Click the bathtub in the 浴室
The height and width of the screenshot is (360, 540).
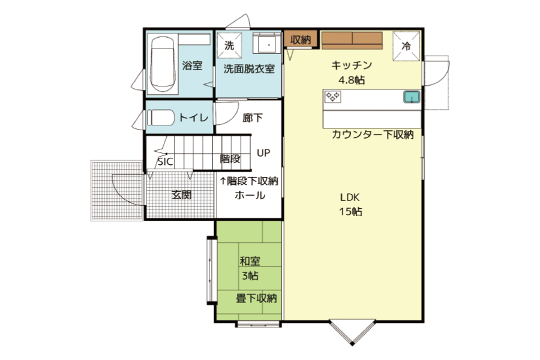(x=163, y=64)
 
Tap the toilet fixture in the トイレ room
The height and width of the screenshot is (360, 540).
(x=161, y=118)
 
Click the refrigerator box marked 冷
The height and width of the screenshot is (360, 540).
(x=406, y=46)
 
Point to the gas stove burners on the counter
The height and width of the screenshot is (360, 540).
(x=332, y=97)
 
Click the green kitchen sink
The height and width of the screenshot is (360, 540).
(x=412, y=97)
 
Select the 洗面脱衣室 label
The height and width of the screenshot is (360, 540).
(x=249, y=69)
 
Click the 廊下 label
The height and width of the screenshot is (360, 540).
(x=253, y=118)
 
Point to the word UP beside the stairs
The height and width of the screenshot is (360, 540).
(x=263, y=152)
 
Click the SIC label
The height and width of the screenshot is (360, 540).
(x=165, y=162)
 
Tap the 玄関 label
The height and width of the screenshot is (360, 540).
(x=181, y=196)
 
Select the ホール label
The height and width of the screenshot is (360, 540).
(x=250, y=196)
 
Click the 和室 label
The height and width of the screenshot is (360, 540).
(x=250, y=261)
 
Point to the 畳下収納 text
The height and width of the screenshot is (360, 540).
(x=256, y=298)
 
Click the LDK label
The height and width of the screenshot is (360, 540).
(x=350, y=197)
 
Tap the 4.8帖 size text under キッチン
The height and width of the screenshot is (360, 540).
(x=352, y=80)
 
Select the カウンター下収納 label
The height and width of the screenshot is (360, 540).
(x=372, y=134)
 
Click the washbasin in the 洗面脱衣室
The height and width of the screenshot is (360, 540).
(x=267, y=43)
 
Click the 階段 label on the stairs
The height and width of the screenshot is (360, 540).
(x=230, y=159)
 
